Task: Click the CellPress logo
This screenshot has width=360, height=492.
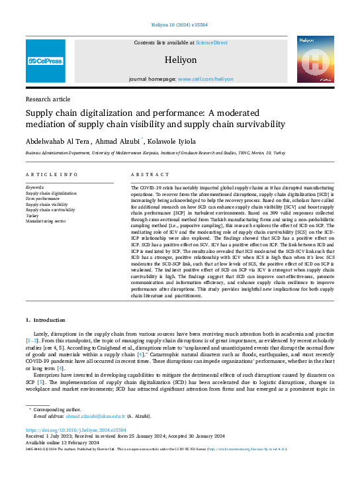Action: pyautogui.click(x=45, y=61)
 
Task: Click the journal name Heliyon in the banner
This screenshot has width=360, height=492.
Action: pyautogui.click(x=180, y=60)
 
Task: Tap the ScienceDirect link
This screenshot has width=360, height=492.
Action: pyautogui.click(x=211, y=42)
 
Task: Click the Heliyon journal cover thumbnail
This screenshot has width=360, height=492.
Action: pyautogui.click(x=314, y=61)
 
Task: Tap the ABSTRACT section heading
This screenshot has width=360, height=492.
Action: pyautogui.click(x=146, y=175)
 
